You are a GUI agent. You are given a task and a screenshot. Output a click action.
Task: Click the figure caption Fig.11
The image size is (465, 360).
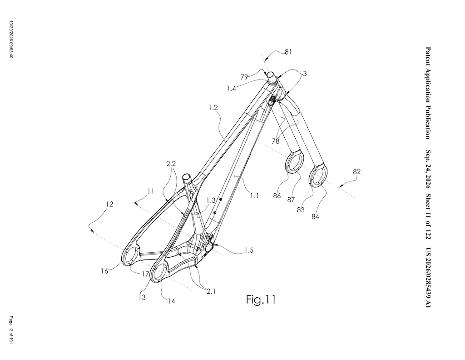click(261, 300)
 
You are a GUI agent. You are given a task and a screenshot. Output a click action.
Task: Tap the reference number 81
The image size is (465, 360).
click(288, 52)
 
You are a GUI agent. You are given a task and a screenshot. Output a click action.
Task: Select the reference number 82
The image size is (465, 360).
click(357, 171)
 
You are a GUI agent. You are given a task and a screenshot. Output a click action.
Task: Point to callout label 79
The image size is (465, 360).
click(244, 77)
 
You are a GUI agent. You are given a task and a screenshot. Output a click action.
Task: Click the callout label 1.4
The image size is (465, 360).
click(231, 88)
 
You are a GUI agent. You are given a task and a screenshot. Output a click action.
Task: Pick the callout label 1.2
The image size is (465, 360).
click(213, 107)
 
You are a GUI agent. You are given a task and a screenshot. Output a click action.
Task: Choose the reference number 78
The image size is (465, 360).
click(276, 141)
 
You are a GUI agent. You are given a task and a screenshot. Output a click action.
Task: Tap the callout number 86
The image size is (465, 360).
click(277, 196)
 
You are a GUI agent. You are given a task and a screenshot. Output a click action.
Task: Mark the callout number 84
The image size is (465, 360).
click(315, 217)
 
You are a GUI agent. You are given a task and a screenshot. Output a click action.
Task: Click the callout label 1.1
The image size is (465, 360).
click(254, 196)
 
